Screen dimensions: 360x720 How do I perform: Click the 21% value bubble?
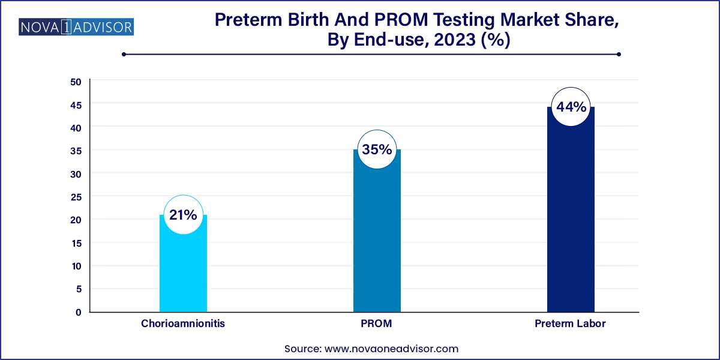pyautogui.click(x=183, y=215)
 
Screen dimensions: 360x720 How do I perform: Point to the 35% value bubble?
pyautogui.click(x=377, y=150)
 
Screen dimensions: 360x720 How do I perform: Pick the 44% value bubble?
pyautogui.click(x=571, y=107)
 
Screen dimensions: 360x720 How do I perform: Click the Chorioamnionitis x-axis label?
pyautogui.click(x=183, y=323)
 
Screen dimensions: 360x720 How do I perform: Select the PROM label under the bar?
pyautogui.click(x=377, y=323)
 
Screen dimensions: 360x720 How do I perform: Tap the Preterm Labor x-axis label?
pyautogui.click(x=571, y=323)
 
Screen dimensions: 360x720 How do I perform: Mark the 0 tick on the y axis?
pyautogui.click(x=78, y=312)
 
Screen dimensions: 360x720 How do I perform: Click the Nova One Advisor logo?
pyautogui.click(x=76, y=27)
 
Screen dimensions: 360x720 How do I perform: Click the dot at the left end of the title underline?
pyautogui.click(x=124, y=54)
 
